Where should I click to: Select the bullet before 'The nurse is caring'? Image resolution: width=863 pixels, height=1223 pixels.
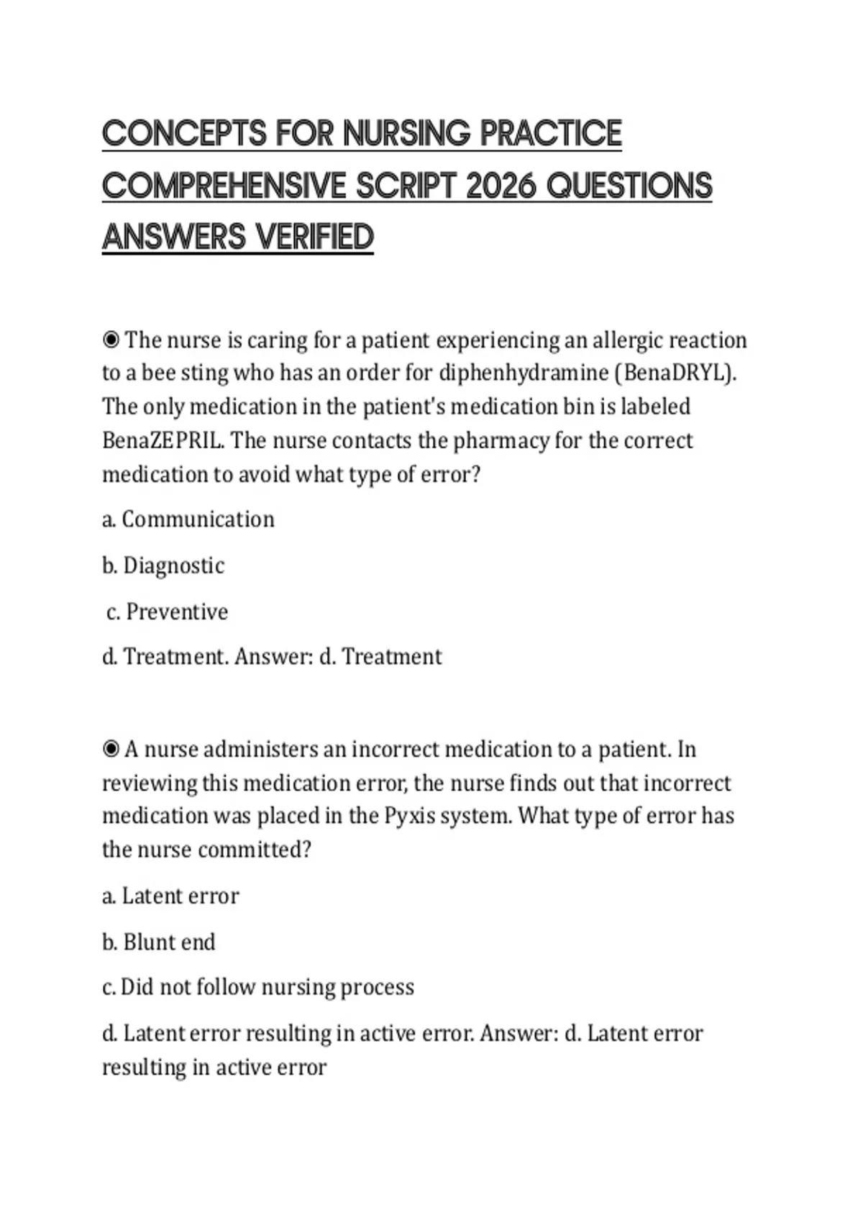(x=111, y=340)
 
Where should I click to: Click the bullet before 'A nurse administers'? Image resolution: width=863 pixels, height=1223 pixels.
(x=111, y=750)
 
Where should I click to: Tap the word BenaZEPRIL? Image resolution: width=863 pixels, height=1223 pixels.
(x=163, y=440)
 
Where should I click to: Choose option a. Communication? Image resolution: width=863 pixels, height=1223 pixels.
(x=188, y=519)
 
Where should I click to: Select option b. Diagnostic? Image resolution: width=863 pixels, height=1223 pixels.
(x=163, y=565)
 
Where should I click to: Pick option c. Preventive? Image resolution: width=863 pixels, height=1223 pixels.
(x=168, y=611)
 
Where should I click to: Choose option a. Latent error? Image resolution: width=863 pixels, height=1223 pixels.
(x=170, y=896)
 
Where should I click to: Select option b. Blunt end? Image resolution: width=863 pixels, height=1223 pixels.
(x=159, y=942)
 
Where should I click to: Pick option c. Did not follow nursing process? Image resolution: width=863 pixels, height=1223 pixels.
(x=258, y=987)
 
